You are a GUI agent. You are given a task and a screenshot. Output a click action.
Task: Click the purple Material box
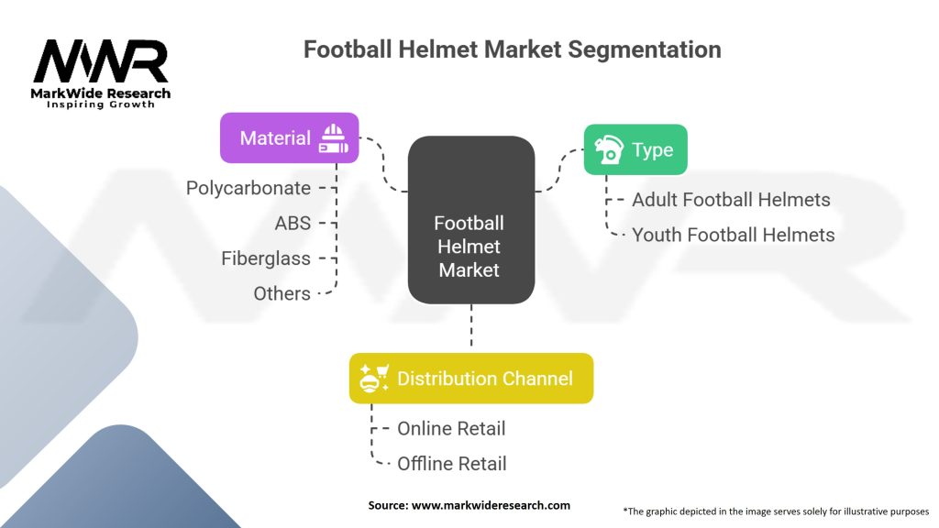(x=289, y=137)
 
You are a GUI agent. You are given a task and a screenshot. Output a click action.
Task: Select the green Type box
(x=635, y=149)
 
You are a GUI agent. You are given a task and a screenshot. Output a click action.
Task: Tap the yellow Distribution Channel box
(x=471, y=379)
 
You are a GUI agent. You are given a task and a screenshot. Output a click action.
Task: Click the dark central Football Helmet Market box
(x=471, y=220)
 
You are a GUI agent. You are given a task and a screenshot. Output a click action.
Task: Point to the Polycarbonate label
(x=249, y=188)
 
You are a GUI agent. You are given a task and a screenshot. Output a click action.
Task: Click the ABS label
(x=293, y=224)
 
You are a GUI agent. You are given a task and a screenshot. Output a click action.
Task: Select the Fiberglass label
(x=266, y=258)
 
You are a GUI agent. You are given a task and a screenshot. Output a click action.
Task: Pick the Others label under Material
(x=282, y=294)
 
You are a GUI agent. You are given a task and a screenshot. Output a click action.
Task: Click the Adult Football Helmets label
(x=731, y=199)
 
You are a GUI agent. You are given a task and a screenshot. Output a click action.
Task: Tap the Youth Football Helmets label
(x=734, y=235)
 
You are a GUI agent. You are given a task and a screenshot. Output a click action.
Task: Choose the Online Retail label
(x=451, y=429)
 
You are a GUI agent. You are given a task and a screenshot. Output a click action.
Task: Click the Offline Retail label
(x=452, y=464)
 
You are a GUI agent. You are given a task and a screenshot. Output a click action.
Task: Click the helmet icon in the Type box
(x=609, y=149)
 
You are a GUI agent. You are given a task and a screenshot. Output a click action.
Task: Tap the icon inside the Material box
(x=334, y=138)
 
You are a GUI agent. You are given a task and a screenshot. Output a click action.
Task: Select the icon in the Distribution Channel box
(x=374, y=379)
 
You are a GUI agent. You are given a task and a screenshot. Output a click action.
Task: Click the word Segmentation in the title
(x=645, y=49)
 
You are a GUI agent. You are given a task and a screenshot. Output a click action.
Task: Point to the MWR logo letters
(x=101, y=61)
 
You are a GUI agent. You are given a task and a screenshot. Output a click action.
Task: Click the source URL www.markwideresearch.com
(x=492, y=505)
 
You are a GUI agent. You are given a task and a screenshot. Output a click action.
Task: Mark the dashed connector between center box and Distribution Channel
(x=471, y=325)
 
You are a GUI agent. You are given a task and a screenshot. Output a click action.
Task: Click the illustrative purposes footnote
(x=776, y=511)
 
